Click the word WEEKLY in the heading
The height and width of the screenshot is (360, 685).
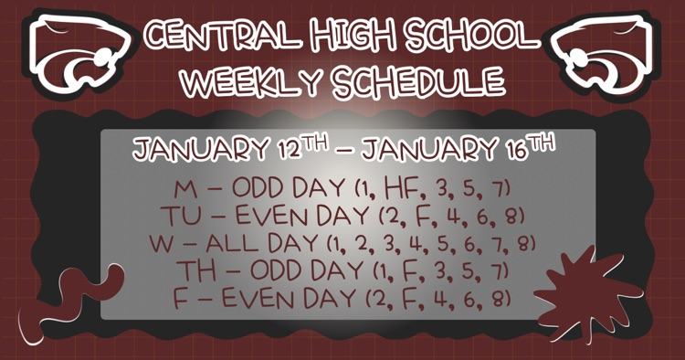pyautogui.click(x=237, y=81)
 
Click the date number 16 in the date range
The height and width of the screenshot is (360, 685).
pyautogui.click(x=516, y=149)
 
